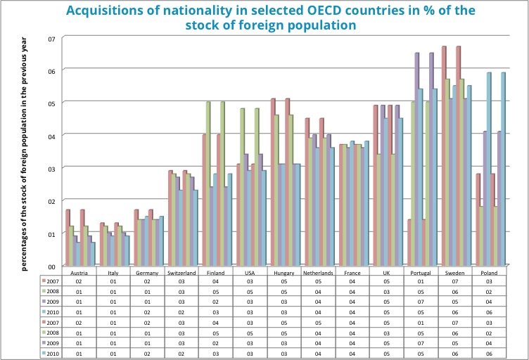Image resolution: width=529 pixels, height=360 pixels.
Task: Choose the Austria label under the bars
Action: tap(79, 271)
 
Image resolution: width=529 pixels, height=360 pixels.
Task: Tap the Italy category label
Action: tap(113, 271)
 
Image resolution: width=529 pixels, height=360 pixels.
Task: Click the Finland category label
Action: tap(215, 271)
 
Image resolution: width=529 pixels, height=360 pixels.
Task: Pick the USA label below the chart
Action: tap(250, 271)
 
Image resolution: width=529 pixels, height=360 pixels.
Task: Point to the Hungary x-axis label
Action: tap(283, 271)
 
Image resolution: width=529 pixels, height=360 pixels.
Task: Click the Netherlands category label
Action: tap(318, 271)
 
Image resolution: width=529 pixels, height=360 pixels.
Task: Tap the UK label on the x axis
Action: tap(386, 271)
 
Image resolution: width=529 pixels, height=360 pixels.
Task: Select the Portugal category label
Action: tap(421, 271)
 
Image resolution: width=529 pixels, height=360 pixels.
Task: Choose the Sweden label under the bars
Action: tap(454, 271)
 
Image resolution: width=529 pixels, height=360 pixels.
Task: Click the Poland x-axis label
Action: tap(489, 271)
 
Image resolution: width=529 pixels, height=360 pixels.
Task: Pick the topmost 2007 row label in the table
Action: tap(52, 280)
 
